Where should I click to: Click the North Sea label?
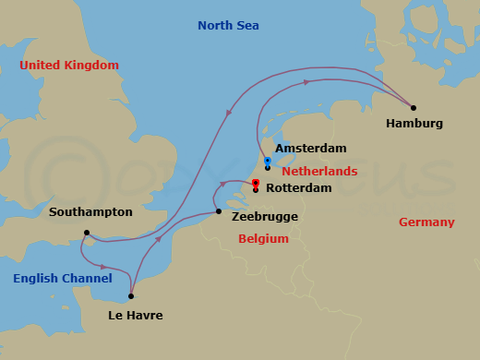pos(229,25)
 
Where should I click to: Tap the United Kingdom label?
pos(69,66)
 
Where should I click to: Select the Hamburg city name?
pos(414,124)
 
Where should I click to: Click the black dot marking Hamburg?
pos(413,107)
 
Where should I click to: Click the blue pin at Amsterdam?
pos(267,161)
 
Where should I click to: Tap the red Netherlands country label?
pos(319,172)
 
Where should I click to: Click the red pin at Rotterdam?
pos(256,183)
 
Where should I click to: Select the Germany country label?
pos(426,222)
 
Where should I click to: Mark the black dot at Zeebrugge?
pos(218,212)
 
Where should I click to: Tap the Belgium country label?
pos(263,238)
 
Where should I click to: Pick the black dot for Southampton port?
pos(86,233)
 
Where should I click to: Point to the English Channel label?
pos(63,278)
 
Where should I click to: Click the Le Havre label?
pos(135,316)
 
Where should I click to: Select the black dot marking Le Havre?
pos(131,296)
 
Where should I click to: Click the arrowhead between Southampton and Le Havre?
pos(102,267)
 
